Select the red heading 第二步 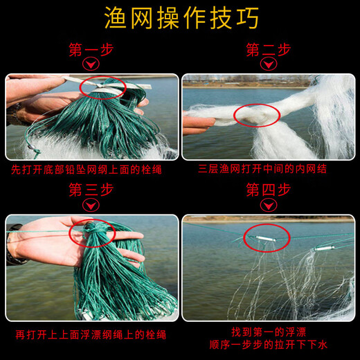tap(269, 51)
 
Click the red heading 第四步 tap(269, 190)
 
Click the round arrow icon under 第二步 tap(269, 66)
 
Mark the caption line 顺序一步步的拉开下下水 tap(269, 344)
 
